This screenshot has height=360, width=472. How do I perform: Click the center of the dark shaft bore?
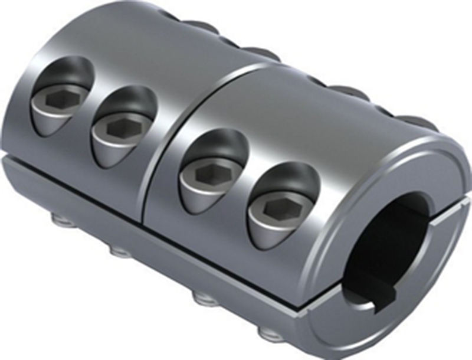click(x=401, y=236)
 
